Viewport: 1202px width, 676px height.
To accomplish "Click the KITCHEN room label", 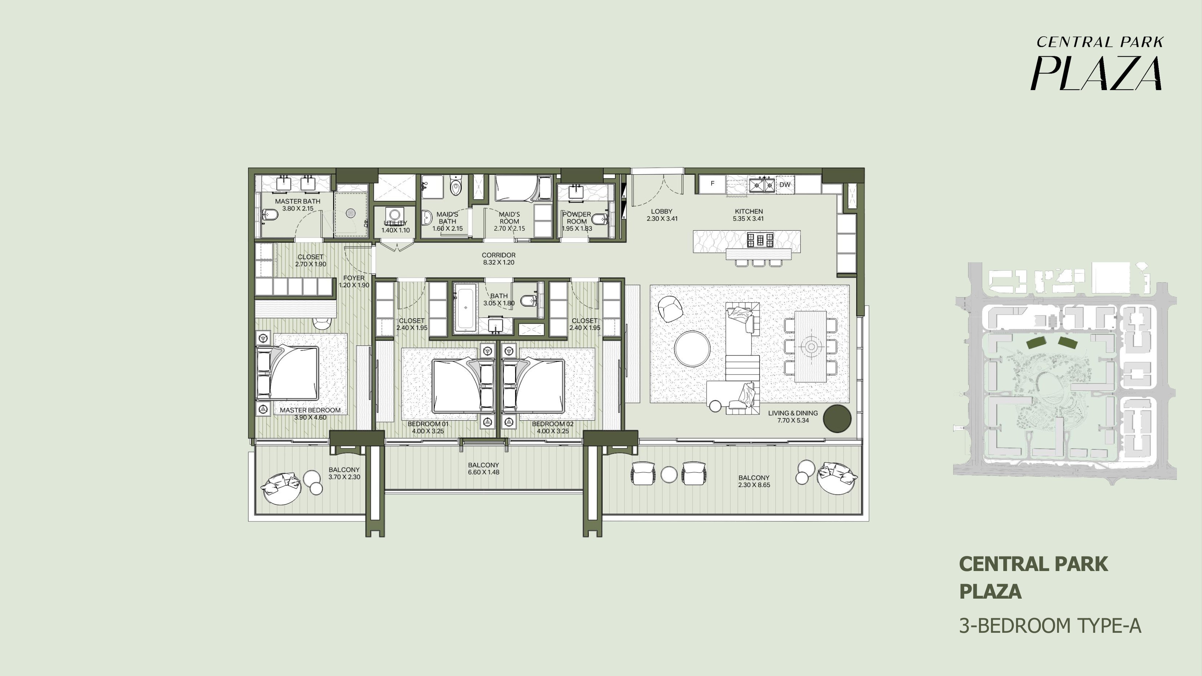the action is (x=748, y=211).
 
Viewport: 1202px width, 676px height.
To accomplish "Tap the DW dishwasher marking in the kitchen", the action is (x=785, y=184).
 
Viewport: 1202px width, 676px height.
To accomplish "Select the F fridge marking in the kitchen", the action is (x=713, y=183).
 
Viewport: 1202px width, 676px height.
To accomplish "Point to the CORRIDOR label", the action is (x=498, y=255).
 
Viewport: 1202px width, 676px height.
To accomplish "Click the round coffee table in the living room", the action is (x=692, y=348).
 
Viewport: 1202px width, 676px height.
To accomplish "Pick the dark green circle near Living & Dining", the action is (x=837, y=418).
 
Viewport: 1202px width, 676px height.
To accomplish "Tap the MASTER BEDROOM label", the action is (x=310, y=410).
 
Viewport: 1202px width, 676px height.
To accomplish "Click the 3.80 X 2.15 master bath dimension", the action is (x=298, y=209).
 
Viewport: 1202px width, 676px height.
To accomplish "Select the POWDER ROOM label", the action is (x=577, y=218).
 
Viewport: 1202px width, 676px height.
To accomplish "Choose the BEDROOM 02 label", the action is (x=553, y=424).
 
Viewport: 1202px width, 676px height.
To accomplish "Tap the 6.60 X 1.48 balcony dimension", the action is (x=483, y=472).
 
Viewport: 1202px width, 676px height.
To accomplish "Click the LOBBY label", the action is (x=661, y=211).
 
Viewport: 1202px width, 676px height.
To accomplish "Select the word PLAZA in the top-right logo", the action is (x=1096, y=73).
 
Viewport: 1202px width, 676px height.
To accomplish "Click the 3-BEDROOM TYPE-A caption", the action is (x=1050, y=626).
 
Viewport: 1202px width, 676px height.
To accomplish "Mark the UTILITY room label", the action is (x=395, y=223).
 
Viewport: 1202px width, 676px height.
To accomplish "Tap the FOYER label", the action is (x=354, y=278).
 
